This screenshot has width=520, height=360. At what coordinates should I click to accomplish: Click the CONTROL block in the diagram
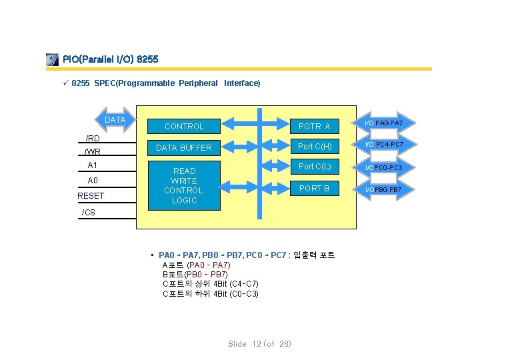pos(185,126)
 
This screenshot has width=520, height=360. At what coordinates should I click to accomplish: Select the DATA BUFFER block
pos(184,147)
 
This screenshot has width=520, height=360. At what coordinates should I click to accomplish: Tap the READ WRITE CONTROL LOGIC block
pos(184,186)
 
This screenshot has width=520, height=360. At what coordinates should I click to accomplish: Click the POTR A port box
pos(315,126)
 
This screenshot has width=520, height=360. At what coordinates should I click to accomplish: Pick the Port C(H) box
pos(315,146)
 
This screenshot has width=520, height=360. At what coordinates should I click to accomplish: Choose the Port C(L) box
pos(315,166)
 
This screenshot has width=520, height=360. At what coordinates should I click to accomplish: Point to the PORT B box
pos(315,189)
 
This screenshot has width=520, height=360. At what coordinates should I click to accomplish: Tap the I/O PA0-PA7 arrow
pos(389,123)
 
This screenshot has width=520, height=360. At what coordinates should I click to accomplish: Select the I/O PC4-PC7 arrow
pos(389,144)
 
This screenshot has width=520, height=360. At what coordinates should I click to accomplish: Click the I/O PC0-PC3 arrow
pos(389,167)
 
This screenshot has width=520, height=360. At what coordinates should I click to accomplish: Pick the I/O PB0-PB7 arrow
pos(389,190)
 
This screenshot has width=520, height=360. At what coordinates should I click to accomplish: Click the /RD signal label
pos(93,139)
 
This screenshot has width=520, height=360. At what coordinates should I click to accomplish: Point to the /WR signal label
pos(93,152)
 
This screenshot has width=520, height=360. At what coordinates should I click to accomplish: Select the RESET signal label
pos(91,196)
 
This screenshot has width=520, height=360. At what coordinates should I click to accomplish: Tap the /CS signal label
pos(88,213)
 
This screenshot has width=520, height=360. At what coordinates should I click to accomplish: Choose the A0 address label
pos(93,181)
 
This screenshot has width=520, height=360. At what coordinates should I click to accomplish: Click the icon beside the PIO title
pos(52,60)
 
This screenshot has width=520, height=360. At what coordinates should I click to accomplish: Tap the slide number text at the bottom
pos(260,344)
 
